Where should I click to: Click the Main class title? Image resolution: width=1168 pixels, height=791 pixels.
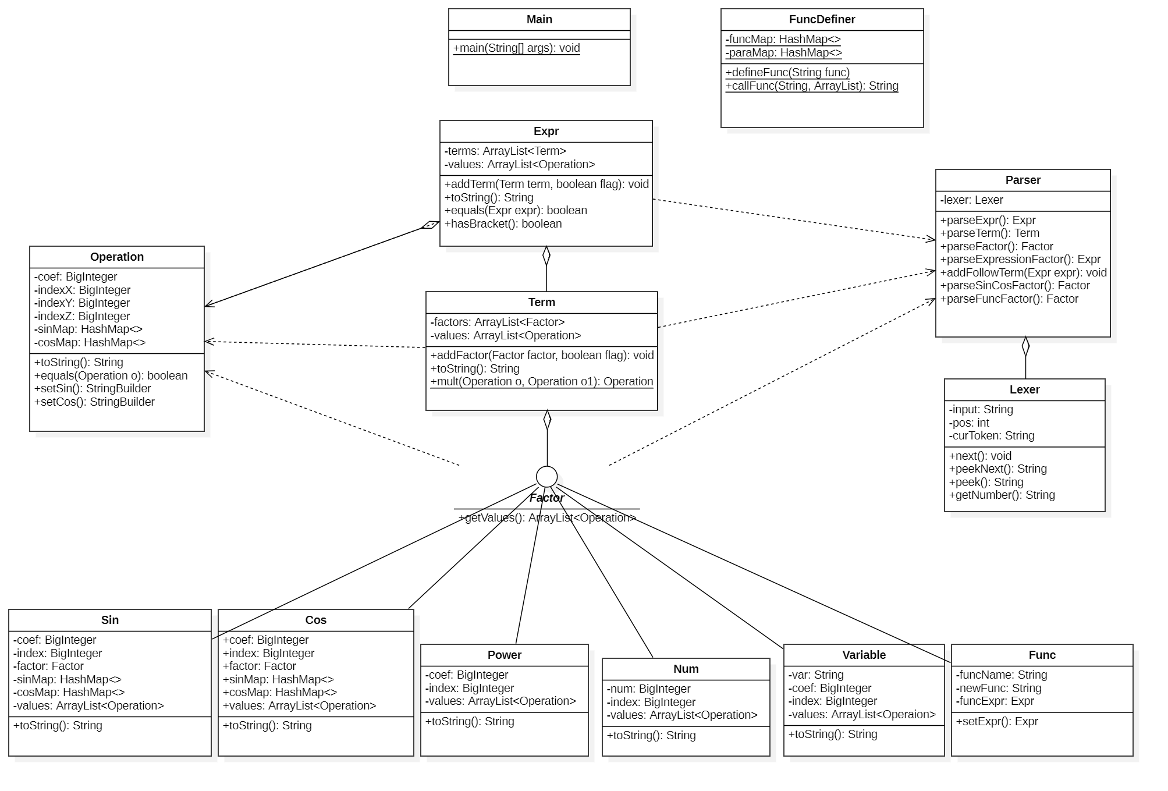(x=539, y=20)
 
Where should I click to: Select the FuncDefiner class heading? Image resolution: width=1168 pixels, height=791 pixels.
(x=822, y=20)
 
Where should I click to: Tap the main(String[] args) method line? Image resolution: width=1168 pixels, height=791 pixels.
(x=516, y=48)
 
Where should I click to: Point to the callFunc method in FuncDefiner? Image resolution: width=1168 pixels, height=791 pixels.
(x=812, y=86)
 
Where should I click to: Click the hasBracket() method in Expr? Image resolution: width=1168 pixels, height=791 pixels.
(x=503, y=224)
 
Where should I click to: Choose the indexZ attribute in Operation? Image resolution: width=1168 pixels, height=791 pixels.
(x=82, y=317)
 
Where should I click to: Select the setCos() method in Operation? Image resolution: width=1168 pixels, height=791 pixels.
(x=94, y=402)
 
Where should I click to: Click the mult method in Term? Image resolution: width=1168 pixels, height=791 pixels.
(x=541, y=382)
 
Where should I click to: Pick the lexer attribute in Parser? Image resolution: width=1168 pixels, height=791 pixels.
(x=971, y=200)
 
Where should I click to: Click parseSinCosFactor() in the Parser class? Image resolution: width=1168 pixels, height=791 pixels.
(x=1015, y=286)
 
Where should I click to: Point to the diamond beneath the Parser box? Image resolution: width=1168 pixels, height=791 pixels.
(x=1025, y=346)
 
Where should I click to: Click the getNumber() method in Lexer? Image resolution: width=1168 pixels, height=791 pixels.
(x=1002, y=495)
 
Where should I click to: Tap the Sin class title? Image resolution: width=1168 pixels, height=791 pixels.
(x=110, y=620)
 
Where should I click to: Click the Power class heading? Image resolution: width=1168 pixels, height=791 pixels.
(x=504, y=655)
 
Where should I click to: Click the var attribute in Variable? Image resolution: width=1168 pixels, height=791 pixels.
(x=815, y=675)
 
